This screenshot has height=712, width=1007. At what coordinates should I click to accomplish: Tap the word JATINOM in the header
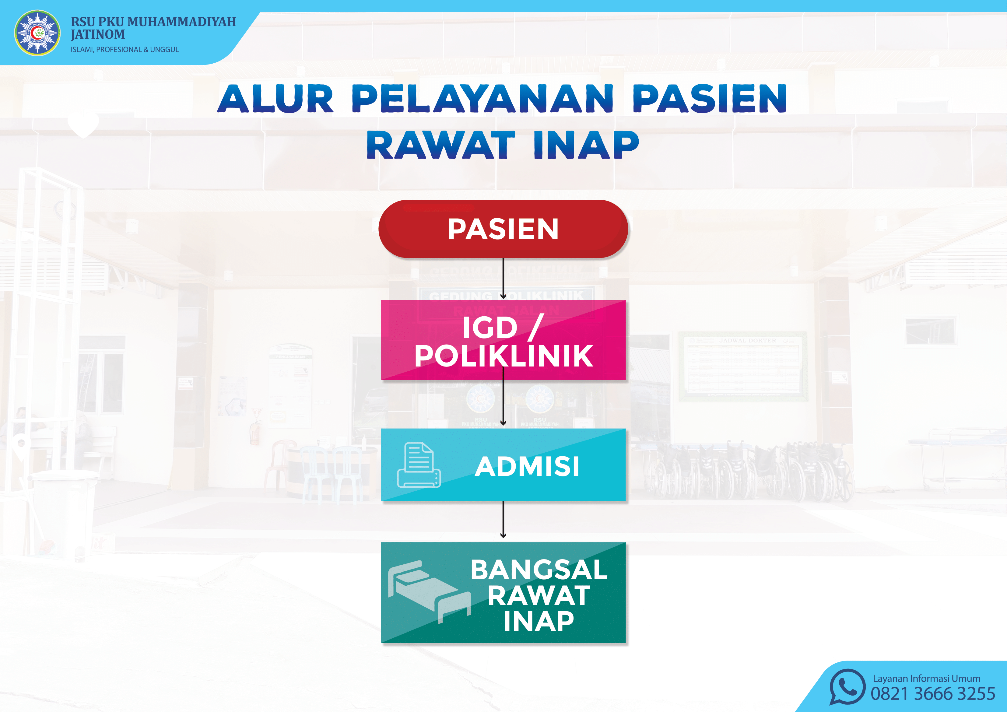pyautogui.click(x=98, y=34)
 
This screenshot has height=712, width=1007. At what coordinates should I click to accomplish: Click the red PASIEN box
pyautogui.click(x=503, y=229)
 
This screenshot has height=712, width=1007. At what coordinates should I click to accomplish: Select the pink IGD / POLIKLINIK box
pyautogui.click(x=503, y=340)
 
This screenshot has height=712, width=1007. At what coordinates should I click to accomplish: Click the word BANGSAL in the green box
pyautogui.click(x=539, y=570)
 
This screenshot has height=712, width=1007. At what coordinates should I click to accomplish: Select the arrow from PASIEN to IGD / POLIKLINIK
pyautogui.click(x=503, y=279)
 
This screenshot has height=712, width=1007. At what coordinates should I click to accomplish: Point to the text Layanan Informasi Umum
pyautogui.click(x=926, y=678)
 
